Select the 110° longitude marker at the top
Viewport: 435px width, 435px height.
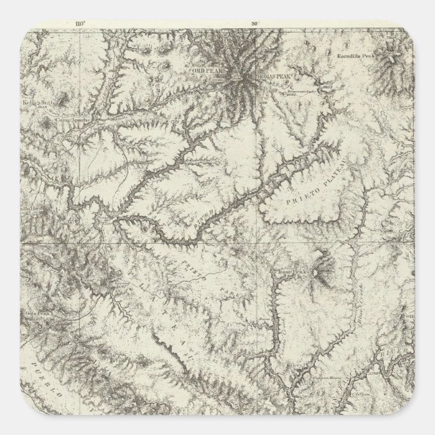tap(83, 23)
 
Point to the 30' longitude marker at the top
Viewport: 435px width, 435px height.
tap(255, 23)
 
